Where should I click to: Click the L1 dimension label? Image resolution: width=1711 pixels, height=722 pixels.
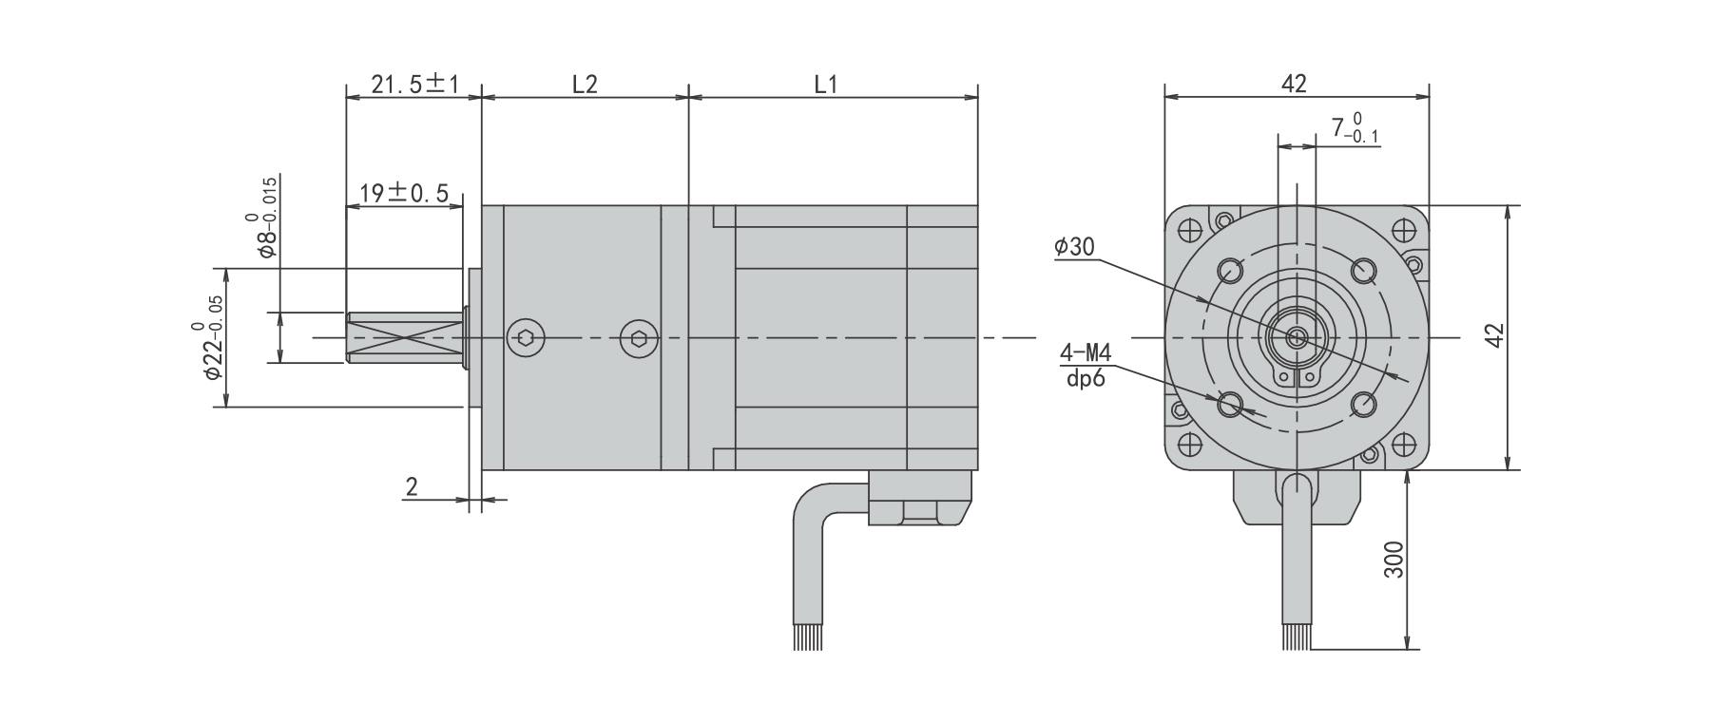(x=826, y=85)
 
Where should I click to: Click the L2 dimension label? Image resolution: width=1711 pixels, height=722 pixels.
(x=585, y=85)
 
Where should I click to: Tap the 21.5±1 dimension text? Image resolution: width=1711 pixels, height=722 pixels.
(x=414, y=85)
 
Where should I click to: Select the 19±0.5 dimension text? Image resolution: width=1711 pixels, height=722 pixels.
(x=404, y=194)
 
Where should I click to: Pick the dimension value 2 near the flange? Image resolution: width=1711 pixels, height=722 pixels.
(x=412, y=487)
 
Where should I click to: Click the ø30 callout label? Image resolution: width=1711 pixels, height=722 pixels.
(x=1074, y=247)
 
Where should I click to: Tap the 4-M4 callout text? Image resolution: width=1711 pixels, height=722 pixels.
(x=1086, y=354)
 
